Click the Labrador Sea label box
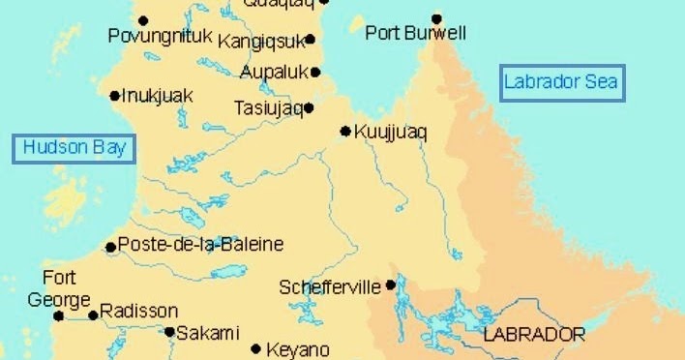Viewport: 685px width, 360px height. coord(561,82)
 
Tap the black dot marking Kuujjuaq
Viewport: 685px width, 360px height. coord(345,131)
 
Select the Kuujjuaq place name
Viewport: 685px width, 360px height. coord(390,132)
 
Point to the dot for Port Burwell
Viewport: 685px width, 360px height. coord(436,18)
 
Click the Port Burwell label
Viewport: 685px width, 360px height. coord(416,34)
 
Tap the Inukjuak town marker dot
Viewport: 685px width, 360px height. coord(115,95)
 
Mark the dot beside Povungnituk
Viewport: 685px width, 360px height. coord(143,19)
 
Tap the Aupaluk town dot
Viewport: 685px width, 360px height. coord(315,72)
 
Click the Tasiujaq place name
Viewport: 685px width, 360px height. coord(268,108)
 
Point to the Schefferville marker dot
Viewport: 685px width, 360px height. coord(390,285)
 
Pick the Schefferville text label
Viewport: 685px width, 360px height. coord(330,287)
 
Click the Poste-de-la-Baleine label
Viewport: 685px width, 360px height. coord(200,245)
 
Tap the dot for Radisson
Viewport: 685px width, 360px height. coord(94,315)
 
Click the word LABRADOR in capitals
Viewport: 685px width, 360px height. coord(534,335)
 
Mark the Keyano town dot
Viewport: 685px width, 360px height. coord(256,349)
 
